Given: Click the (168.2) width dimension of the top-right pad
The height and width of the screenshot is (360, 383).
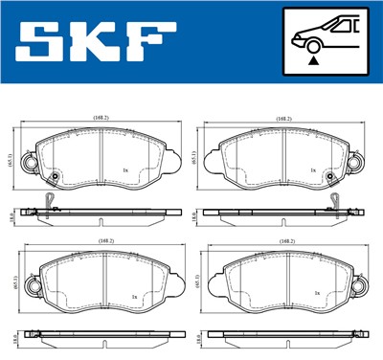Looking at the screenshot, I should pyautogui.click(x=283, y=119).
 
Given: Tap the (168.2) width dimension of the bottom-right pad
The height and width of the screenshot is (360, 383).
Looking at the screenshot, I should pyautogui.click(x=285, y=242).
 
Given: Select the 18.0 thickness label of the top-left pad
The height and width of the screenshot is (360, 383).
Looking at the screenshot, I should pyautogui.click(x=11, y=217).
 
